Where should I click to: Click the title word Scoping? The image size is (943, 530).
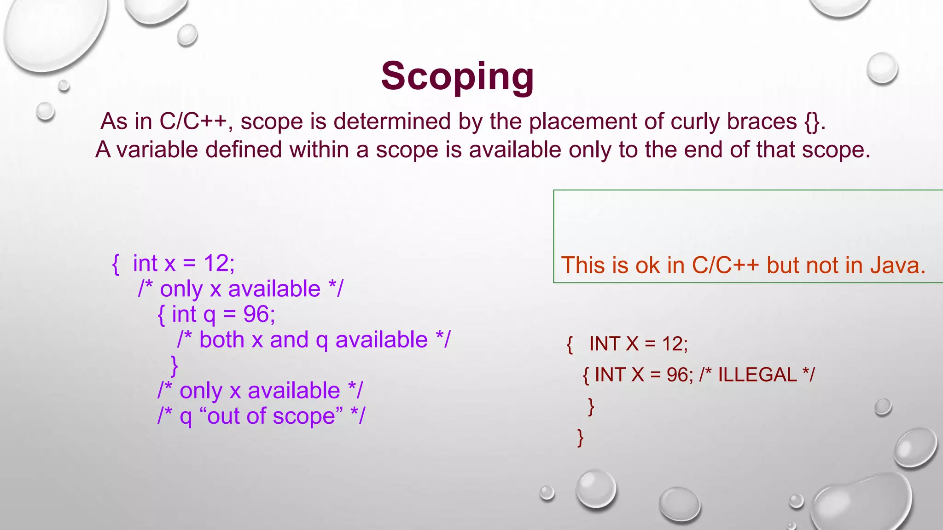(457, 76)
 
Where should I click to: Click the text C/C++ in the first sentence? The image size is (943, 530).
(193, 121)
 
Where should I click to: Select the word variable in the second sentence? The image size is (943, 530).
(157, 150)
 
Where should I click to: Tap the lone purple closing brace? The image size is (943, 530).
(175, 366)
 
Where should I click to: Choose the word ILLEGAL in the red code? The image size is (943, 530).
(757, 375)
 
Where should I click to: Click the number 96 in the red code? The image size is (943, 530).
(677, 375)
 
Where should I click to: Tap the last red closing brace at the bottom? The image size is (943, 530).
(580, 437)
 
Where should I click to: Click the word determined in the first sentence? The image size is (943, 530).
(392, 121)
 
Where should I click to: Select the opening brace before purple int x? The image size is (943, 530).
(116, 264)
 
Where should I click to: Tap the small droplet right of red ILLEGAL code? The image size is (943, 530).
(883, 407)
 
